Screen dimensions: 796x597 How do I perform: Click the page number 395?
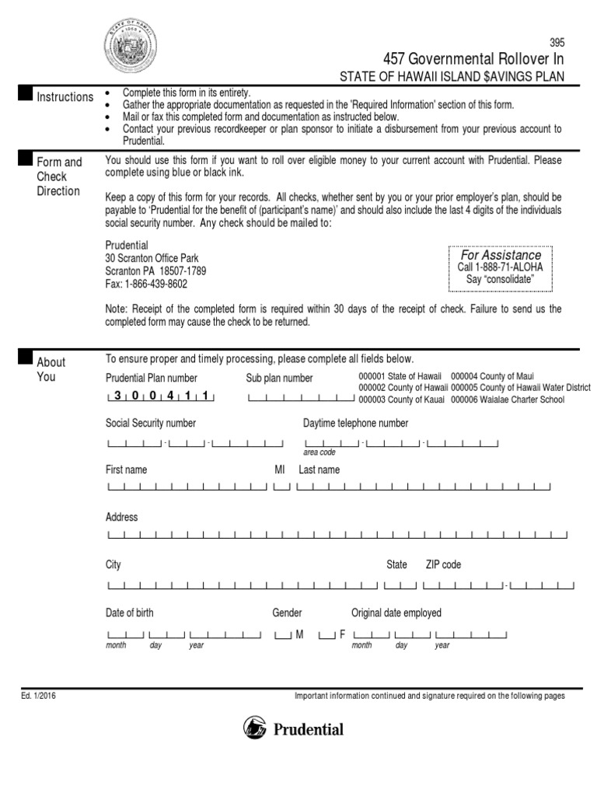[557, 43]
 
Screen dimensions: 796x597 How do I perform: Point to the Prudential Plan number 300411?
[160, 396]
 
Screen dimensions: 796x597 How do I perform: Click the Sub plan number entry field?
[301, 398]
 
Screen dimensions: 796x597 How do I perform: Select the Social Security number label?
[151, 423]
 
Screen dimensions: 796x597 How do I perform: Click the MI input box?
[282, 487]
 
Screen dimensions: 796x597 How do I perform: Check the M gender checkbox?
[283, 635]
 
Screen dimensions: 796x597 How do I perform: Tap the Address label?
[121, 517]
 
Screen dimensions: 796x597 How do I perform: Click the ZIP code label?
[443, 564]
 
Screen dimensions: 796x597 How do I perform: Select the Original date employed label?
[396, 613]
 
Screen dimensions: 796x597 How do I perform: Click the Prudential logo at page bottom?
[293, 729]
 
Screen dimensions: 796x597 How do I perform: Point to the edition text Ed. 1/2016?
[38, 696]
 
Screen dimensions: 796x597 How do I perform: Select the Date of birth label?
[130, 613]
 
